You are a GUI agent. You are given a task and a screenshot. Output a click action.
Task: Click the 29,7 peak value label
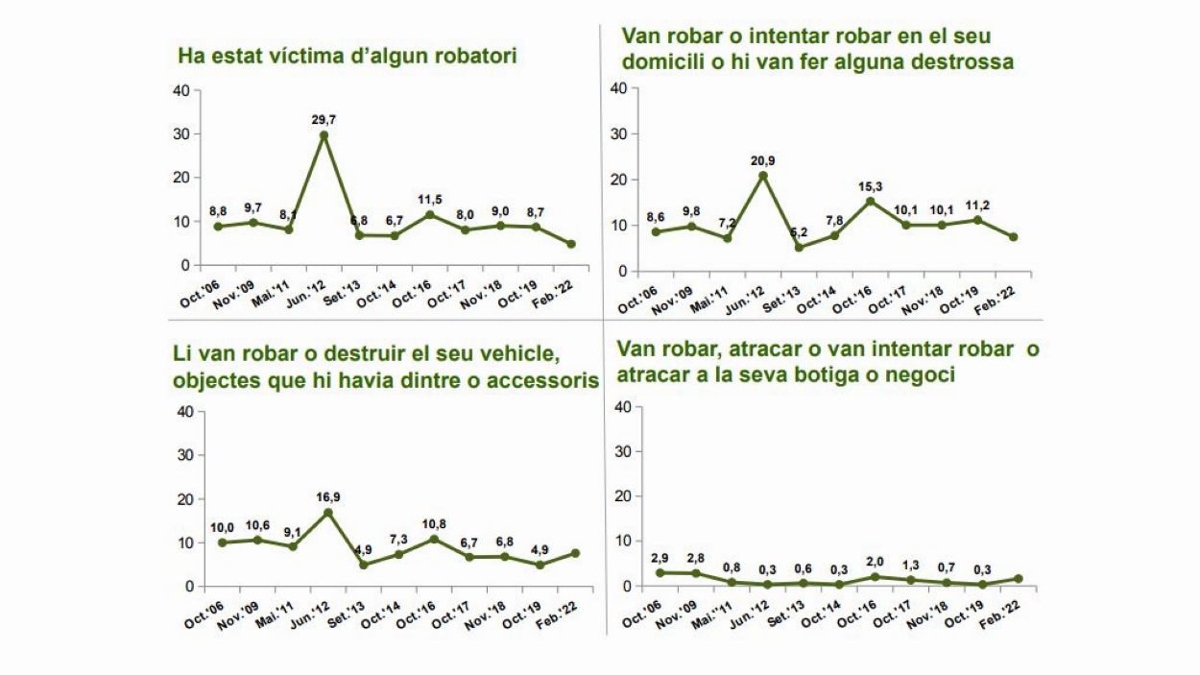324,119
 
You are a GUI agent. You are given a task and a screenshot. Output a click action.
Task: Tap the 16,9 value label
328,497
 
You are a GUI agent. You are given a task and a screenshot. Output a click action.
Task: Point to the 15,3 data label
870,186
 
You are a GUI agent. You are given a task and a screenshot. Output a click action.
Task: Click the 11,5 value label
430,199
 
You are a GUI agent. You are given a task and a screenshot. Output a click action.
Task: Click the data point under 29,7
324,135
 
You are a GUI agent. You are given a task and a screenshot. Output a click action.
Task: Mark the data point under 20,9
763,176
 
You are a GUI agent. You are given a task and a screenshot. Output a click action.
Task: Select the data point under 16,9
328,513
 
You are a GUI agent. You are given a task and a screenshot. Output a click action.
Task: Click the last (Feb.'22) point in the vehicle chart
576,552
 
